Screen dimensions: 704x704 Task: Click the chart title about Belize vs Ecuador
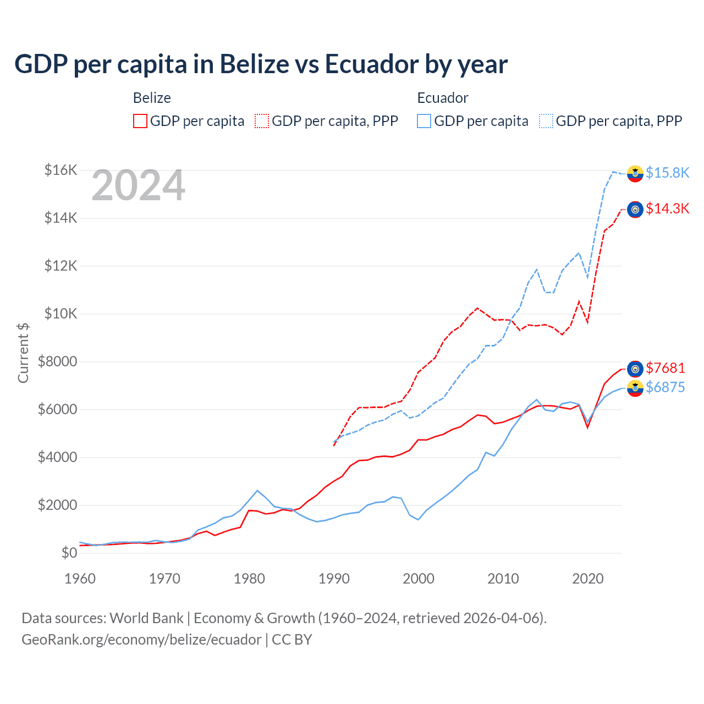click(261, 64)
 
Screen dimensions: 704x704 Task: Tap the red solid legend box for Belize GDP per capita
click(140, 121)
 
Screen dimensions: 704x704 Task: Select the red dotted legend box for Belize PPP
click(262, 121)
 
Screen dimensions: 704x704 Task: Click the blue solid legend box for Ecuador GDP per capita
click(424, 121)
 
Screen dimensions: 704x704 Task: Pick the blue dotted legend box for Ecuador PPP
click(546, 121)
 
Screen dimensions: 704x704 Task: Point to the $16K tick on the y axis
click(61, 170)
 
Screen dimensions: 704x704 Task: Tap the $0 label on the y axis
click(69, 553)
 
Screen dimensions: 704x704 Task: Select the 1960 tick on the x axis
click(80, 579)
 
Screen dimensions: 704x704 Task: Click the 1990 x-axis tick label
click(334, 579)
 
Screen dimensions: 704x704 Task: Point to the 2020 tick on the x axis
click(588, 579)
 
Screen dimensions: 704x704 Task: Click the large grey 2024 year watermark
click(138, 186)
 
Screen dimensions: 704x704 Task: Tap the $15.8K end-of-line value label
click(667, 173)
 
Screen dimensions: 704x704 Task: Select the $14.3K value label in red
click(667, 208)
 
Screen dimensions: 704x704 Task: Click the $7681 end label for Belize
click(665, 368)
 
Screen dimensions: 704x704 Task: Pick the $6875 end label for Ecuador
click(665, 387)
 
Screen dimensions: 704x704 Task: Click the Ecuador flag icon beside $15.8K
click(635, 173)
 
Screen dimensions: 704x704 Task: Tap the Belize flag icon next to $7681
click(635, 369)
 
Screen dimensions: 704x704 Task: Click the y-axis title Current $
click(23, 353)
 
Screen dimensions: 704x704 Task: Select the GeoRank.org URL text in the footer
click(141, 640)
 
